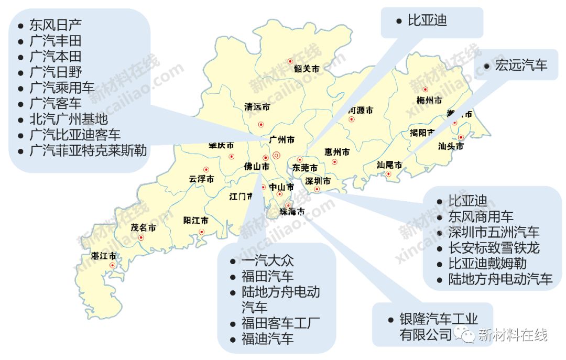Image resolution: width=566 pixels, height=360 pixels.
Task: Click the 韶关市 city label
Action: tap(307, 68)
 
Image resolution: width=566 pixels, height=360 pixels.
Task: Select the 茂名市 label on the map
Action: tap(143, 228)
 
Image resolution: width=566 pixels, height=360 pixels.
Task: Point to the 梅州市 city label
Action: tap(429, 100)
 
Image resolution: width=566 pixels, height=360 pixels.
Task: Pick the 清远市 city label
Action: tap(257, 107)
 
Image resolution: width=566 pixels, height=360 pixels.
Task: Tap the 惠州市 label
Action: tap(337, 152)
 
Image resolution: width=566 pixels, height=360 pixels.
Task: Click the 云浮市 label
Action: tap(201, 179)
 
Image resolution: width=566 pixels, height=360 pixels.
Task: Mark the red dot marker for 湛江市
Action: tap(112, 266)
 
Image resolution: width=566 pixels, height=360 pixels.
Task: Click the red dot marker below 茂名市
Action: tap(141, 238)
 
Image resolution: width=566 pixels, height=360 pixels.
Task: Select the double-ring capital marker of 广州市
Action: tap(277, 155)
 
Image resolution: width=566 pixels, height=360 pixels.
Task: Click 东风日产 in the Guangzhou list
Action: tap(56, 25)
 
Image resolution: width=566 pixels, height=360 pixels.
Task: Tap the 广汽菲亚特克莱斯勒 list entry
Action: tap(88, 151)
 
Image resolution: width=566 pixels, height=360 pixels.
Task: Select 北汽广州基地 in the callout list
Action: tap(69, 119)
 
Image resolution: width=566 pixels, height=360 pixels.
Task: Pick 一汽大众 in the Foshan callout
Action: tap(267, 260)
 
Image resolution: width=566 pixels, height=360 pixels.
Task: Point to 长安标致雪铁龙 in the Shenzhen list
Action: tap(494, 247)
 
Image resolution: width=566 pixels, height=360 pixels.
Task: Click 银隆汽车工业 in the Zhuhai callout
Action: tap(439, 319)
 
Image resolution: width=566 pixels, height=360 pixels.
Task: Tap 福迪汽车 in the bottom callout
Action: tap(267, 339)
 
